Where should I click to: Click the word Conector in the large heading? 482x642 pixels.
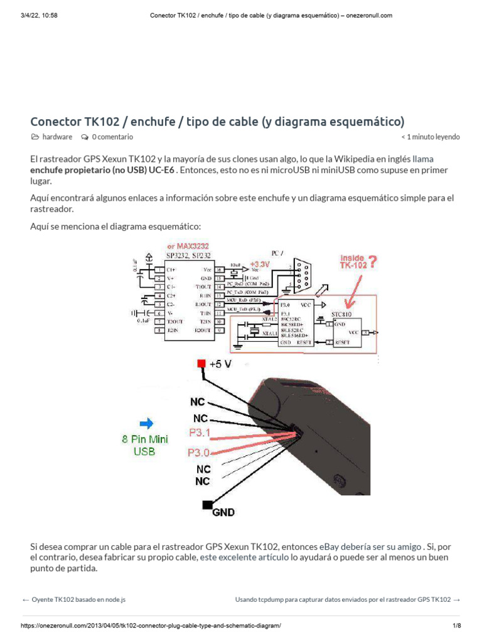[56, 121]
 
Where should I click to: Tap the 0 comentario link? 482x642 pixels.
[112, 137]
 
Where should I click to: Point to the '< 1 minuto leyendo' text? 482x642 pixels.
[430, 137]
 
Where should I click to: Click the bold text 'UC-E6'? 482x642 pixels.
[162, 170]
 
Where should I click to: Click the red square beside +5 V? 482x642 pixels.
[201, 364]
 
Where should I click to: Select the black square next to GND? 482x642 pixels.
[206, 505]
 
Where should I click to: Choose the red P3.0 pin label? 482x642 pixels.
[198, 452]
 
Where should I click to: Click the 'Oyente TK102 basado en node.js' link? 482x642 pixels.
[78, 599]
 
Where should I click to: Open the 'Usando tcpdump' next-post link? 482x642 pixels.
[343, 599]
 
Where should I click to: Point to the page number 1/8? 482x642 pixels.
[456, 626]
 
